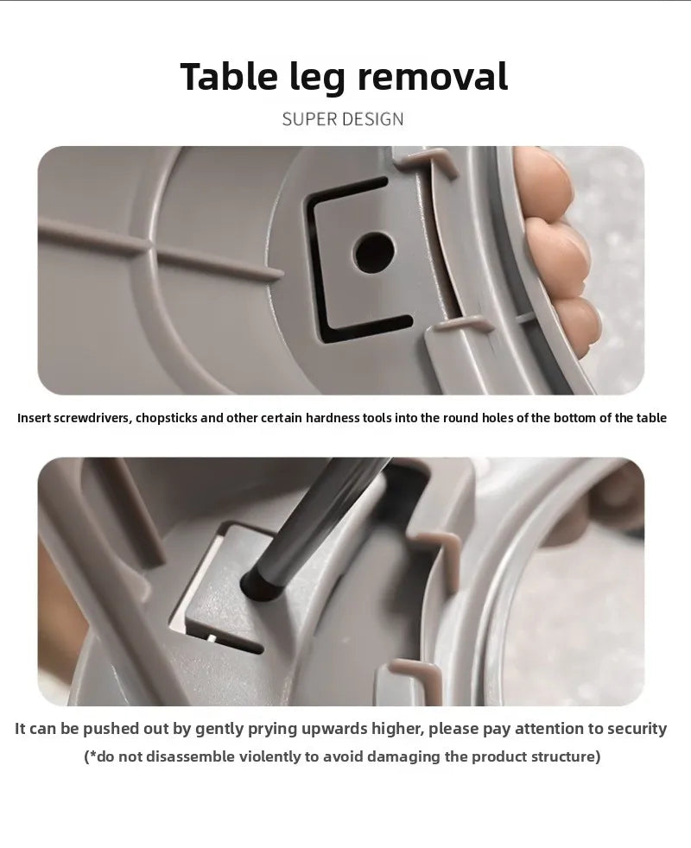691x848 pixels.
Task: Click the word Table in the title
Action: tap(228, 76)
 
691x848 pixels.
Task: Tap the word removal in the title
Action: tap(433, 76)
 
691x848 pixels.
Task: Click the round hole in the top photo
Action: tap(373, 253)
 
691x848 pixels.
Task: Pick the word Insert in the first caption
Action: tap(34, 418)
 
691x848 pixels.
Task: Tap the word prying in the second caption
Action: tap(272, 729)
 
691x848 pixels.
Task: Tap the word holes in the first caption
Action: tap(499, 418)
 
